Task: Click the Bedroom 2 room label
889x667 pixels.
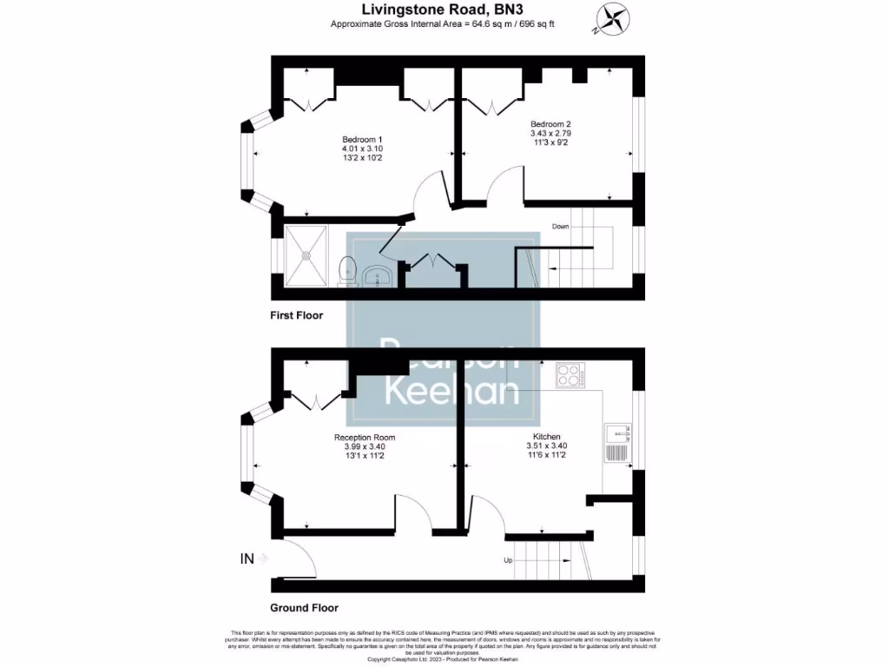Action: click(x=550, y=124)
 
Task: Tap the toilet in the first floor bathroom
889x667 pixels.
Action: click(x=348, y=269)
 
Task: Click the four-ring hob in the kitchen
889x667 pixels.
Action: click(x=570, y=374)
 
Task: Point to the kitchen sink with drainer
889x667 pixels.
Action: click(x=618, y=443)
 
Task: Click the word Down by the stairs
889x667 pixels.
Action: click(x=560, y=227)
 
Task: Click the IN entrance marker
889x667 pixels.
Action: click(x=247, y=558)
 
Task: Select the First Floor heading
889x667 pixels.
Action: click(x=296, y=315)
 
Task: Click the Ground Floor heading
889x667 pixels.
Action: click(x=304, y=608)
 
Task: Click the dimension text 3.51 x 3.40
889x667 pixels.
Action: click(x=546, y=446)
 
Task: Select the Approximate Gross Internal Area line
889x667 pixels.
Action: click(x=442, y=23)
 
